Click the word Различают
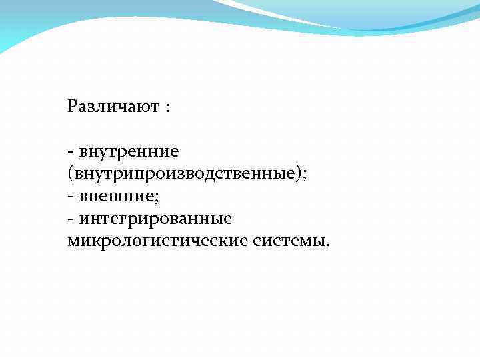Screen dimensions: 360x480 [112, 107]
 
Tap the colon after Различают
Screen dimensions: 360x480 [166, 108]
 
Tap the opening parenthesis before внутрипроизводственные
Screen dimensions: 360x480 [70, 175]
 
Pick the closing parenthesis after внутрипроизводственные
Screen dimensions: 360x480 [300, 175]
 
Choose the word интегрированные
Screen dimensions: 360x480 [155, 219]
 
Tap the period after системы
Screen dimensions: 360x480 [327, 244]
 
